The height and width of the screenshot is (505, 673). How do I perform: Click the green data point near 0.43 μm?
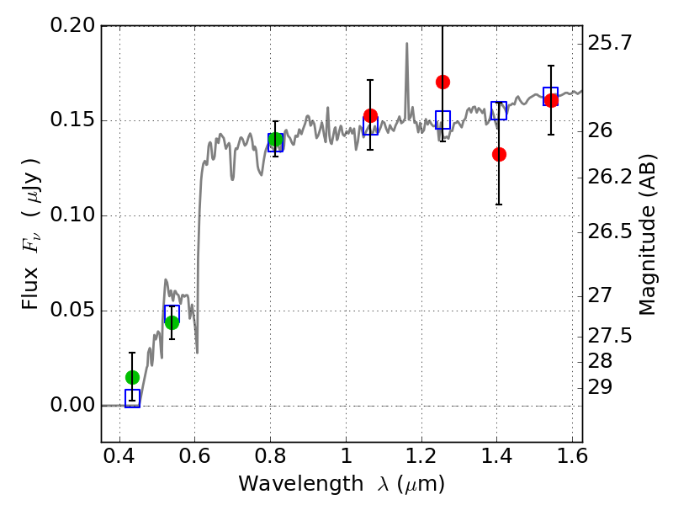[x=133, y=377]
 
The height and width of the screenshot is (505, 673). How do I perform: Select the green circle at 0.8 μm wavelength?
[x=276, y=140]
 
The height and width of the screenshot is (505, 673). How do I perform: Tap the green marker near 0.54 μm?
[x=172, y=322]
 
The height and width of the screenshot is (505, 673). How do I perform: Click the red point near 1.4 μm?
[x=499, y=154]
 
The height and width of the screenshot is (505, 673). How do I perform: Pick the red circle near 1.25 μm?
[x=443, y=82]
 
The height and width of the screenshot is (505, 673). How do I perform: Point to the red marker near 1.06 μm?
[x=370, y=115]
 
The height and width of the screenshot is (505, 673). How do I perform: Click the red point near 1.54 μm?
[x=551, y=100]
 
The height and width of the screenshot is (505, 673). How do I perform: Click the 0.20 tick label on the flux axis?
[x=73, y=25]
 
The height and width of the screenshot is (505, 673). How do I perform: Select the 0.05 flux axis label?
[x=73, y=310]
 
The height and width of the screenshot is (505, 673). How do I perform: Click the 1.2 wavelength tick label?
[x=421, y=456]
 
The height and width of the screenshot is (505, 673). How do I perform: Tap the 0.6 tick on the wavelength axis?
[x=194, y=456]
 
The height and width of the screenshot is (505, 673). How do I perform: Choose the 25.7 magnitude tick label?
[x=610, y=43]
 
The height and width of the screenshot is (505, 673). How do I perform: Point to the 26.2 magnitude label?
[x=610, y=177]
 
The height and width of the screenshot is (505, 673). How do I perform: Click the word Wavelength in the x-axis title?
[x=301, y=484]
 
